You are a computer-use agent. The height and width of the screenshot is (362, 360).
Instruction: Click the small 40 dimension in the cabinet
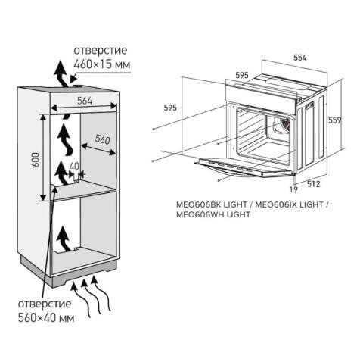(74, 167)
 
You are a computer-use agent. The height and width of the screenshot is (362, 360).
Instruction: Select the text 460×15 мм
(101, 66)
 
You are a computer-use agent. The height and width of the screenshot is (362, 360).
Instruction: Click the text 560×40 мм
(46, 319)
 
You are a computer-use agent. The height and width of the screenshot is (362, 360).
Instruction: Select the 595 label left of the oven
(172, 108)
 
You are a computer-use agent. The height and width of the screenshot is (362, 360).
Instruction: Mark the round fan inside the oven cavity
(284, 125)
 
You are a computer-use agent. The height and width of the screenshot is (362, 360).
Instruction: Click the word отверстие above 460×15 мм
(100, 51)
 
